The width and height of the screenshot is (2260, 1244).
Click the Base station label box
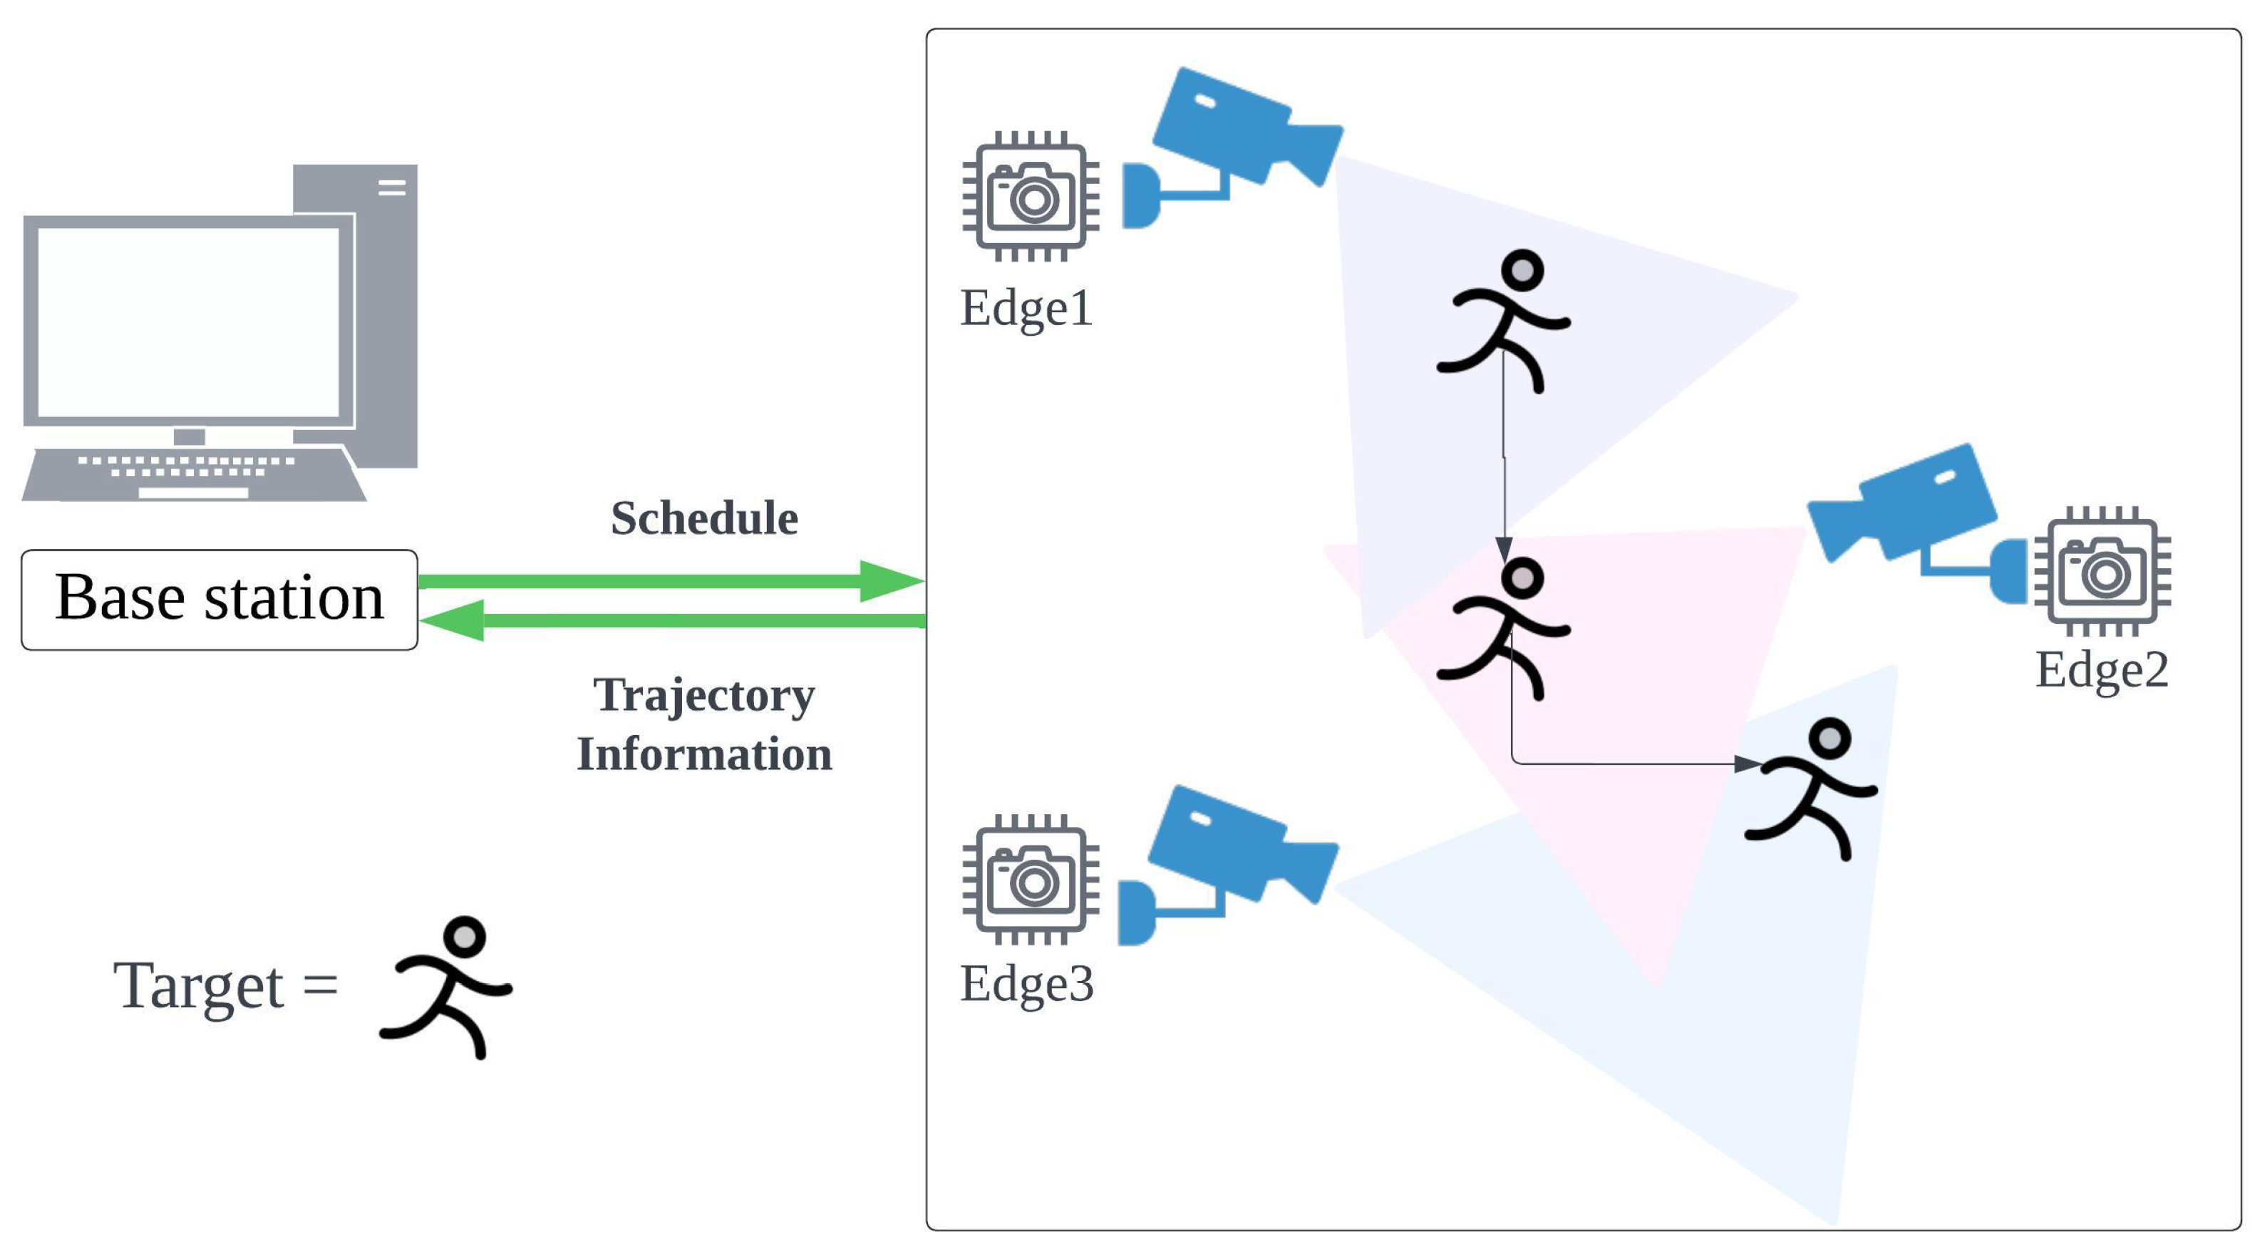pos(220,600)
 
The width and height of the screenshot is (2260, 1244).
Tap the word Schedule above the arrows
pos(704,518)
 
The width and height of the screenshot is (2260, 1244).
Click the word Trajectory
pos(704,695)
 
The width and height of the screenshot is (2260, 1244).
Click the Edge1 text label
pos(1026,309)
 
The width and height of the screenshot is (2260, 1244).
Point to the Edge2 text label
pos(2101,670)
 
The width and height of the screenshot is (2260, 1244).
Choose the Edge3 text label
pos(1026,984)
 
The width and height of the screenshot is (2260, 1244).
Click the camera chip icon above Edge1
pos(1031,197)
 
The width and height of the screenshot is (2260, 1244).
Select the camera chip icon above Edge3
pos(1031,880)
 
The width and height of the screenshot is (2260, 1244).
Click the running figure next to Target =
pos(448,987)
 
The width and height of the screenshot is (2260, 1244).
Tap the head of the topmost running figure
pos(1522,269)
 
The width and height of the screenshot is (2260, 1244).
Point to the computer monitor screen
pos(189,322)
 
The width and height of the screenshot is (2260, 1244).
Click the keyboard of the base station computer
pos(193,475)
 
